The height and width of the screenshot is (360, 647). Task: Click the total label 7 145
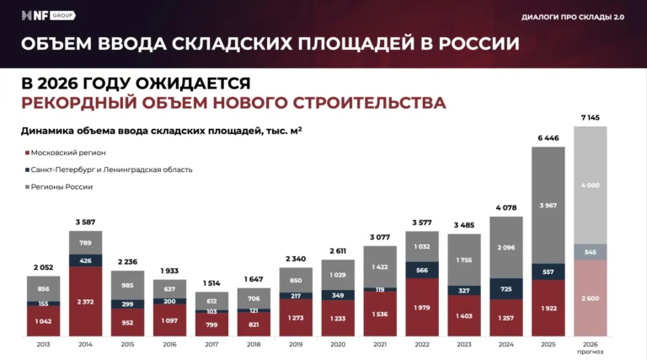click(x=590, y=118)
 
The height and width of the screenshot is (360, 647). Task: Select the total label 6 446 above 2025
click(x=548, y=137)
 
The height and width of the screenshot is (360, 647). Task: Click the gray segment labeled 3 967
click(x=548, y=205)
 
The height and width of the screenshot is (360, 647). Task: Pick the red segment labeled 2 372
click(x=85, y=302)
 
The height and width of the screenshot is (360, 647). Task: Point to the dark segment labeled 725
click(x=506, y=289)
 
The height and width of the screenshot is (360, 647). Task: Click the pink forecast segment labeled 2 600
click(x=590, y=298)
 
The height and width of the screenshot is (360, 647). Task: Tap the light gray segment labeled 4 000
click(x=590, y=185)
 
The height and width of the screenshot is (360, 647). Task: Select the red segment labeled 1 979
click(x=422, y=307)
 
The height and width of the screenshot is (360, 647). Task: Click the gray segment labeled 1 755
click(x=464, y=260)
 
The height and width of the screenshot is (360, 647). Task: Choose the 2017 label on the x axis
click(x=211, y=344)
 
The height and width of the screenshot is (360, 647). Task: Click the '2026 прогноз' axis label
click(x=590, y=347)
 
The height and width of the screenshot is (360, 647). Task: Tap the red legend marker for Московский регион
click(x=26, y=153)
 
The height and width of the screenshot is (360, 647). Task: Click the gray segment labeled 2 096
click(x=506, y=247)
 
